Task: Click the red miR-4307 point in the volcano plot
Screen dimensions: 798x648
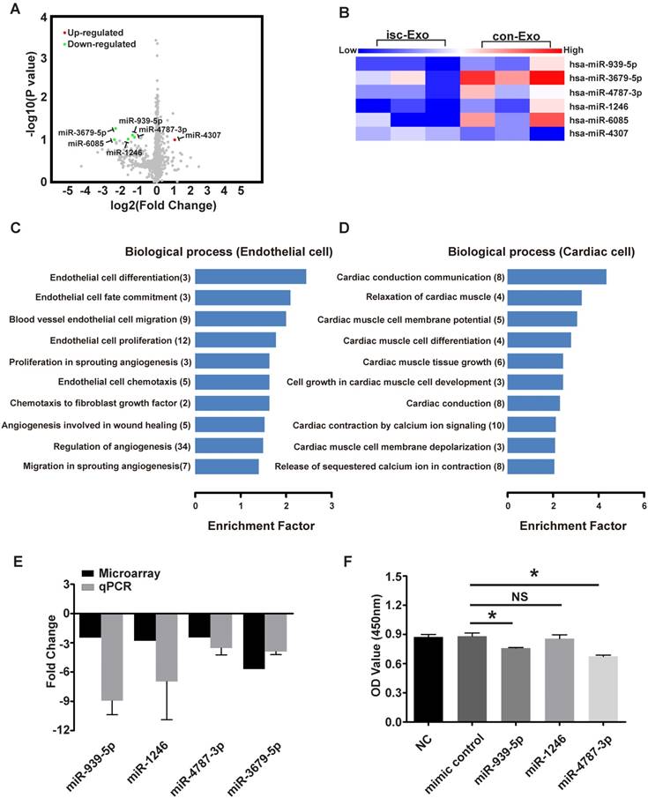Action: click(175, 138)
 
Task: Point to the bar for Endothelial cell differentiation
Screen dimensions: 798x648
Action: click(250, 277)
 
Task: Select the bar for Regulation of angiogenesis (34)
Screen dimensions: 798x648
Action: click(229, 444)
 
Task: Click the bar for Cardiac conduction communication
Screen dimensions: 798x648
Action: click(557, 277)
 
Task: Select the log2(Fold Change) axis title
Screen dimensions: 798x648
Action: click(160, 205)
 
